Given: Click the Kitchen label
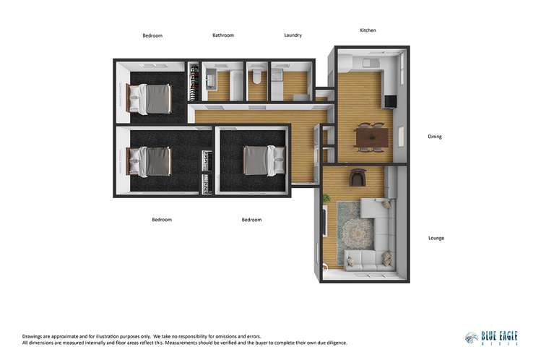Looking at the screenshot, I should click(x=368, y=30).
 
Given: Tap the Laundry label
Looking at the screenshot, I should click(x=293, y=35).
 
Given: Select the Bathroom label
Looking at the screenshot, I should click(x=222, y=35).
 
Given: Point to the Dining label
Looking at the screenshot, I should click(x=435, y=136).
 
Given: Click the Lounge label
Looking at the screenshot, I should click(x=436, y=238).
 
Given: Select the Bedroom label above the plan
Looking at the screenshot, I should click(x=152, y=35).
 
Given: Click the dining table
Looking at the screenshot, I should click(x=373, y=135).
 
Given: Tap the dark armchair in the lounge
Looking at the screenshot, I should click(x=358, y=178).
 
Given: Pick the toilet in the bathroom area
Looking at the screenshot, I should click(x=257, y=77).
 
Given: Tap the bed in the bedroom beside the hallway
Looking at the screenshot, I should click(x=258, y=160).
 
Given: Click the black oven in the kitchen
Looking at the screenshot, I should click(x=389, y=102).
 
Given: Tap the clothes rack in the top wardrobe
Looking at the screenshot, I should click(x=193, y=84).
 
